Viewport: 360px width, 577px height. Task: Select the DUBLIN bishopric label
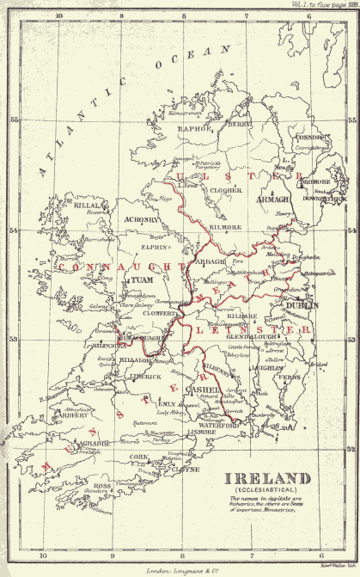click(x=302, y=304)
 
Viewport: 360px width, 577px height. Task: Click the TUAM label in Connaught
click(x=138, y=280)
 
